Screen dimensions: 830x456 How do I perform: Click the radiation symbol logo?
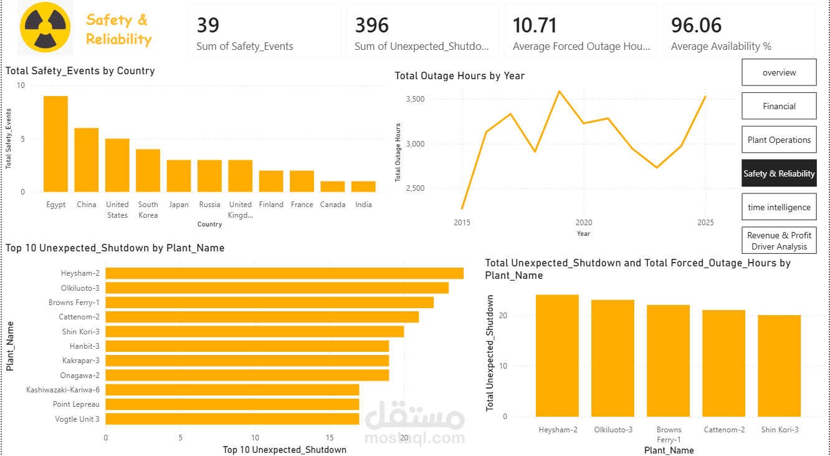[x=45, y=27]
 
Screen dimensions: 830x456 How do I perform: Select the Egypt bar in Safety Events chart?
[x=55, y=144]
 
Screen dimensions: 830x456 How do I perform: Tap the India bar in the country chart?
[x=363, y=187]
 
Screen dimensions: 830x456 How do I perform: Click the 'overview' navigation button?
[x=779, y=72]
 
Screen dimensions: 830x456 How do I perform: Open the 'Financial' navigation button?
[x=779, y=106]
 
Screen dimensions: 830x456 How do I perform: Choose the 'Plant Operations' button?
[x=779, y=140]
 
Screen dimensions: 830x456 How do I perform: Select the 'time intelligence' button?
[x=779, y=207]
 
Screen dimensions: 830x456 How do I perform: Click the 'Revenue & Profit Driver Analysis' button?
[x=779, y=241]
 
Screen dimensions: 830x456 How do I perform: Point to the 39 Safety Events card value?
[x=208, y=25]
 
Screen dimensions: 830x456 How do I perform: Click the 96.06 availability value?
[x=696, y=25]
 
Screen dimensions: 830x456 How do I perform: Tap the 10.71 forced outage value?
[x=535, y=25]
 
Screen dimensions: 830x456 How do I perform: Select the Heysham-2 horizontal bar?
[x=285, y=273]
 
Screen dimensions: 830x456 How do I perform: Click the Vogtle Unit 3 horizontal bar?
[x=232, y=419]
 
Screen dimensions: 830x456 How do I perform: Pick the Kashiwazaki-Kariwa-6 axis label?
[x=62, y=390]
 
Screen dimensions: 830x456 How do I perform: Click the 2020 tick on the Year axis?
[x=584, y=222]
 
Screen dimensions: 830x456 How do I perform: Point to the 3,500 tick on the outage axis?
[x=416, y=99]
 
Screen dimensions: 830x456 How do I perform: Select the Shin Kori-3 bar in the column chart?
[x=780, y=366]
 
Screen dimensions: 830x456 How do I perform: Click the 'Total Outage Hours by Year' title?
[x=459, y=75]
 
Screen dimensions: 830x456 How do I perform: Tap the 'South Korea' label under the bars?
[x=148, y=210]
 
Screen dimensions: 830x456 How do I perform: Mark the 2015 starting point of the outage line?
[x=462, y=208]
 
